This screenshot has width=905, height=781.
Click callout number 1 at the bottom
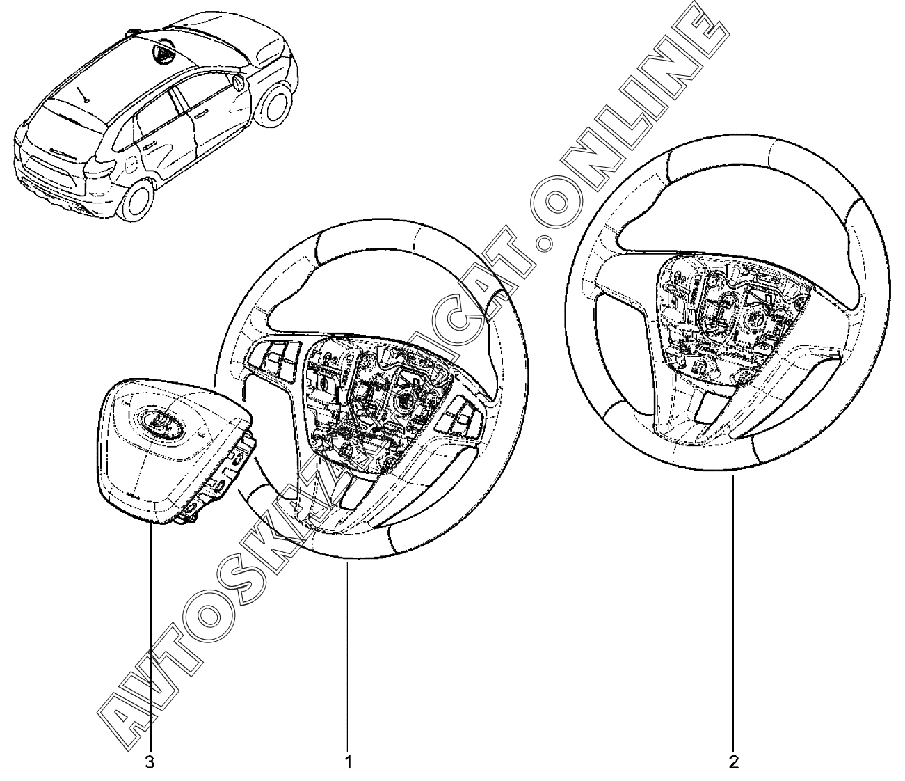(x=349, y=762)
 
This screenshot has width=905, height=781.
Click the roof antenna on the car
(x=86, y=95)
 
